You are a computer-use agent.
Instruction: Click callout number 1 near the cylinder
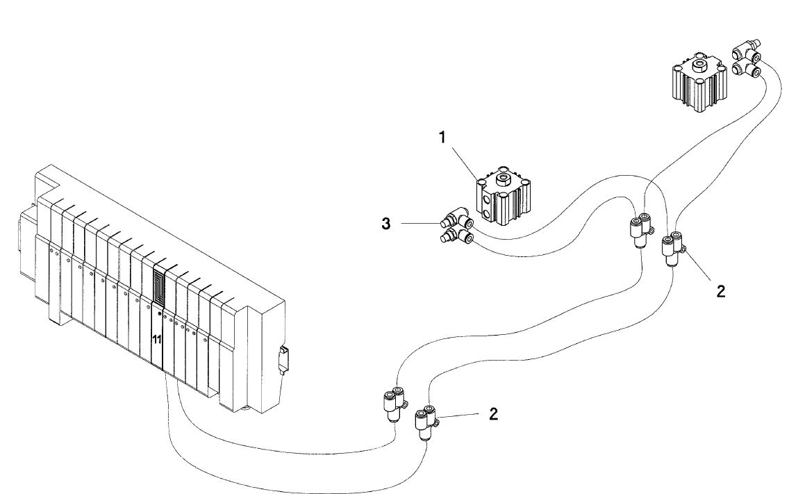[x=442, y=138]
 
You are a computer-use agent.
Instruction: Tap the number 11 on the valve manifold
[x=157, y=339]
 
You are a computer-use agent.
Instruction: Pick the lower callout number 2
[x=493, y=415]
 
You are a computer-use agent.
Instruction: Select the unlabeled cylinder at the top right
[x=698, y=83]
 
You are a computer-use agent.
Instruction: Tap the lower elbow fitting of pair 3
[x=456, y=238]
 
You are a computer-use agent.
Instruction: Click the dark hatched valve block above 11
[x=159, y=288]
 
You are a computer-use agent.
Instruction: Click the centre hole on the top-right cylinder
[x=698, y=67]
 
